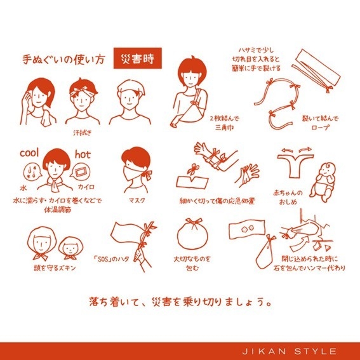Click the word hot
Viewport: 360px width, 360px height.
[83, 154]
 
